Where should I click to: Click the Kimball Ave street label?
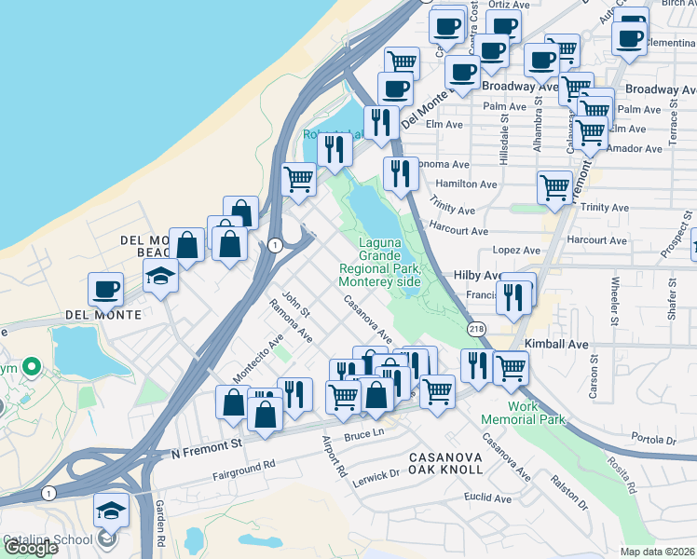(x=556, y=344)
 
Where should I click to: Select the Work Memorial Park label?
(x=537, y=413)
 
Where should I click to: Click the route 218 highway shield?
(x=475, y=330)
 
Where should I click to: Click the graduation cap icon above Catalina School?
(x=111, y=511)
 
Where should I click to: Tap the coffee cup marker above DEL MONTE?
(x=106, y=288)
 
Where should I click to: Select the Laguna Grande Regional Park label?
(x=380, y=263)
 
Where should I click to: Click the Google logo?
(x=31, y=548)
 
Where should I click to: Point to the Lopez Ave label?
(x=518, y=251)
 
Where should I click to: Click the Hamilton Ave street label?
(x=462, y=184)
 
